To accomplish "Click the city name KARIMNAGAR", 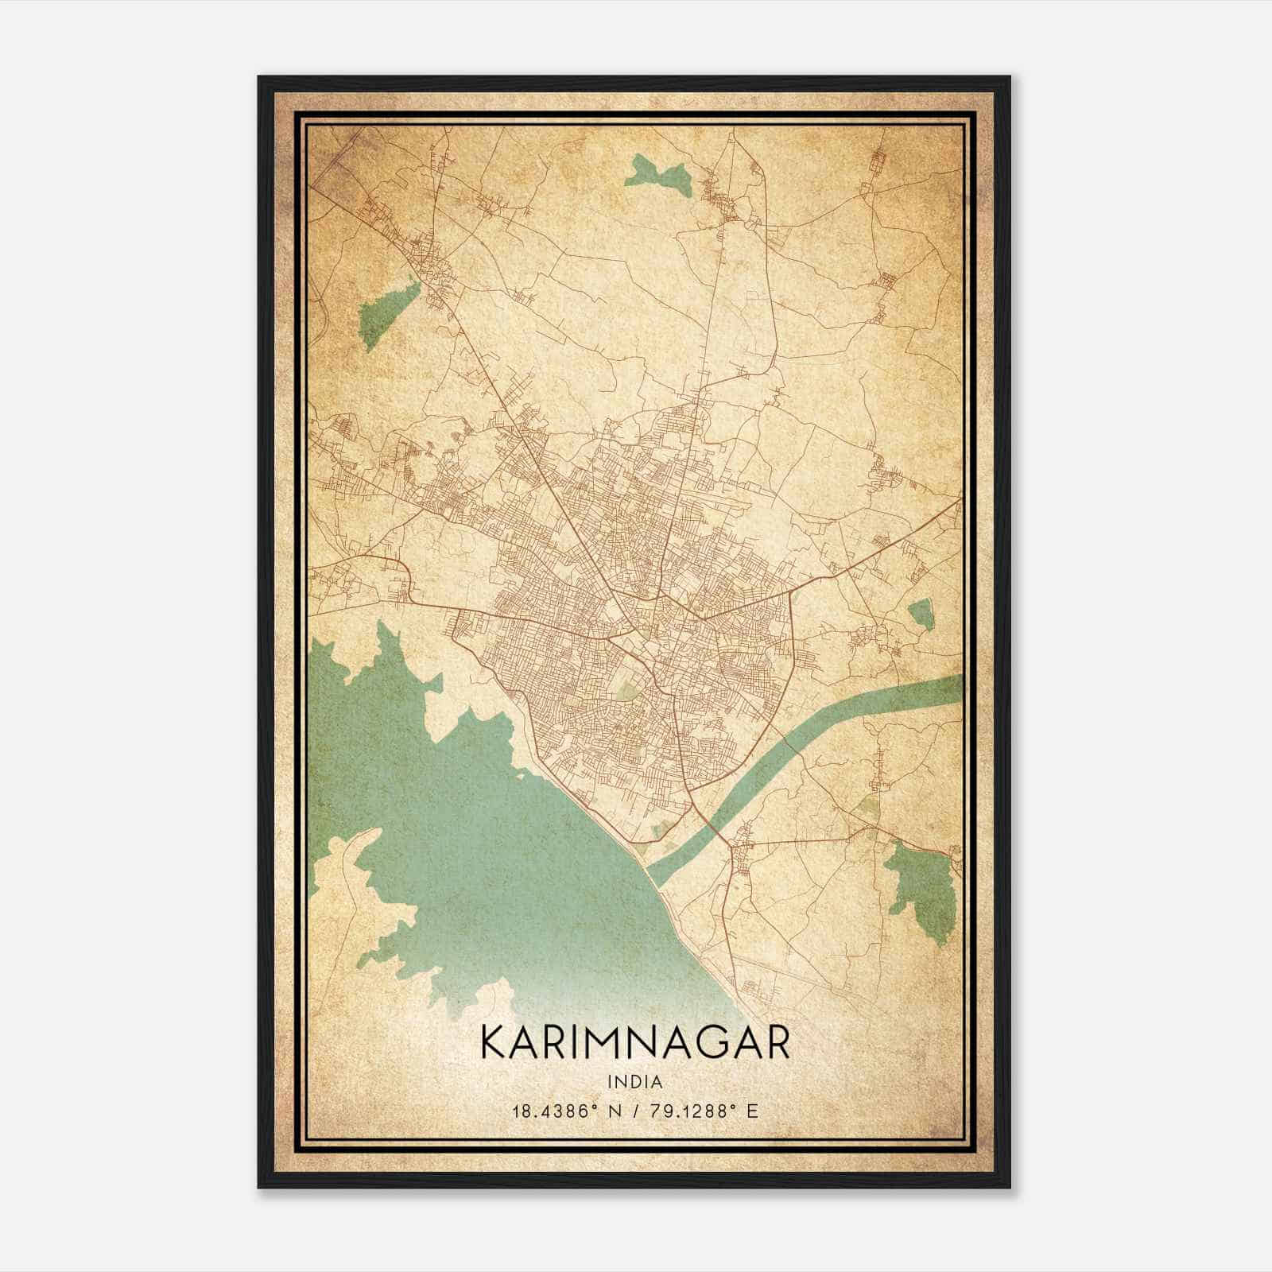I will (x=635, y=1043).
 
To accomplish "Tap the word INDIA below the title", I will (x=635, y=1082).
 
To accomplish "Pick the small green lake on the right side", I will (x=921, y=615).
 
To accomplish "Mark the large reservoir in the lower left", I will (x=477, y=835).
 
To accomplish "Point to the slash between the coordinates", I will (x=633, y=1111).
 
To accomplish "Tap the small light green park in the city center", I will (x=630, y=690).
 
